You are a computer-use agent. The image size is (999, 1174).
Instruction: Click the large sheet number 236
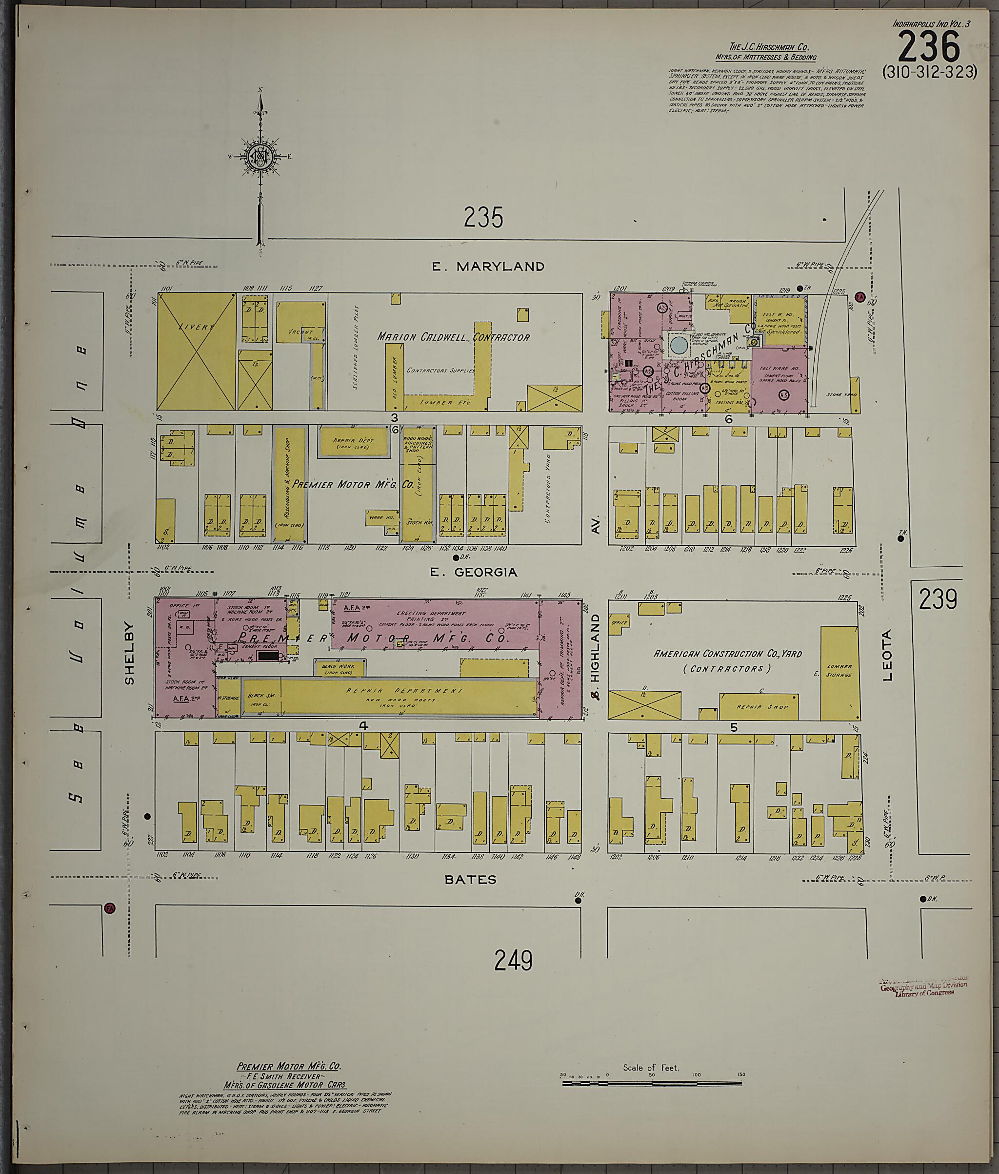pos(929,47)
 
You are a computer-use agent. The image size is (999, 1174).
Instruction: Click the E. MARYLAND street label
pos(488,267)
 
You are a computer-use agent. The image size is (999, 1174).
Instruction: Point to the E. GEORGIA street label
pos(474,572)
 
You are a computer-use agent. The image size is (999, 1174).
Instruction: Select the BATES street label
pos(470,879)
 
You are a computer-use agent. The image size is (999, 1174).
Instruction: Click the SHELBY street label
pos(130,654)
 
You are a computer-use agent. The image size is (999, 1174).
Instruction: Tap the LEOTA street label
pos(887,655)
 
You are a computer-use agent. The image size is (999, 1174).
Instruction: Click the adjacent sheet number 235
pos(483,218)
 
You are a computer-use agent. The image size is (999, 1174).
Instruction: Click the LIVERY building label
pos(196,327)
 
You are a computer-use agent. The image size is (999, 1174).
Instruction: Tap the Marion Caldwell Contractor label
pos(454,337)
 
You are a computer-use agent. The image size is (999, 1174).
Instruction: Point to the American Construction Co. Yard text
pos(728,660)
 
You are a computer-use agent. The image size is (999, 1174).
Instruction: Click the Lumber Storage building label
pos(839,670)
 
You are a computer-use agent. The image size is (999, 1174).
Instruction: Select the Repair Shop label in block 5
pos(759,707)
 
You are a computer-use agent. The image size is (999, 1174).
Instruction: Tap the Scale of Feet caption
pos(650,1068)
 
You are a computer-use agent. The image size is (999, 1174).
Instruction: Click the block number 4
pos(363,725)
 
